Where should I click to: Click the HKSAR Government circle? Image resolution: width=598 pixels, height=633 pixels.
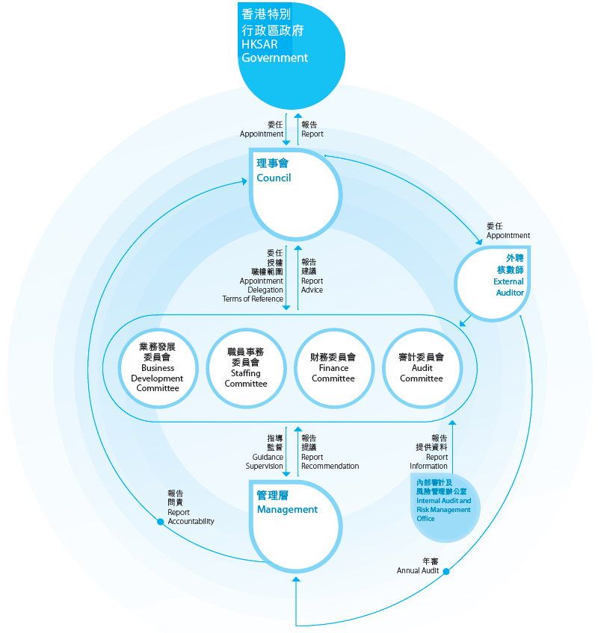point(291,56)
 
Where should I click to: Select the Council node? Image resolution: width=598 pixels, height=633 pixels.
point(295,194)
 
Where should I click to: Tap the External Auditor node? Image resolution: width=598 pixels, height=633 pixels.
point(493,284)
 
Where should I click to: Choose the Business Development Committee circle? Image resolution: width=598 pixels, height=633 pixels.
point(158,368)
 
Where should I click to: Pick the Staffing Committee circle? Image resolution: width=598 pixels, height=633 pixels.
point(246,368)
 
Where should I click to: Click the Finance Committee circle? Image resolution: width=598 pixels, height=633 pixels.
point(333,368)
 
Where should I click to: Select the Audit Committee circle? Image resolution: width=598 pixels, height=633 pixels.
point(422,368)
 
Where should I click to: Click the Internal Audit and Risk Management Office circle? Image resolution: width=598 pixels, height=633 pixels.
point(446,508)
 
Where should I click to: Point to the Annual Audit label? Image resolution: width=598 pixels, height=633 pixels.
point(418,566)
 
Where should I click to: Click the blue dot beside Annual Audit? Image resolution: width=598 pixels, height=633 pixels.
point(446,571)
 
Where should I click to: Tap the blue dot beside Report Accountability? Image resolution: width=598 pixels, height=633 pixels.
point(161,522)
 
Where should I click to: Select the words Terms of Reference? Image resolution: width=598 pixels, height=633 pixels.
point(253,299)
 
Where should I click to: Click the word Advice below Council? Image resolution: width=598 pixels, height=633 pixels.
point(312,290)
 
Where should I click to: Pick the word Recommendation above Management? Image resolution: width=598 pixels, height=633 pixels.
point(330,466)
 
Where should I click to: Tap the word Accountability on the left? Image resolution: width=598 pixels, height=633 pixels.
point(191,521)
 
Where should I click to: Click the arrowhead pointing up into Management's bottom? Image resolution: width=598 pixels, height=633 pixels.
point(296,579)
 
